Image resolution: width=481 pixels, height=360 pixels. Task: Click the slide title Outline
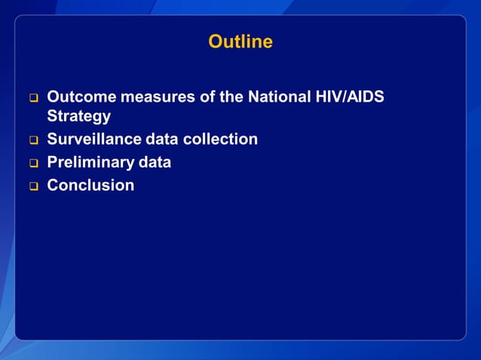coord(240,42)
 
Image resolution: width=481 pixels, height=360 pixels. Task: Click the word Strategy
coord(79,117)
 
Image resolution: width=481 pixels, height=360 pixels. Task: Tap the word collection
coord(220,139)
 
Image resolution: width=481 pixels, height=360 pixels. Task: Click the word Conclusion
coord(90,185)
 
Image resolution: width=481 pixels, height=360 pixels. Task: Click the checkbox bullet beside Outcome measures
coord(33,98)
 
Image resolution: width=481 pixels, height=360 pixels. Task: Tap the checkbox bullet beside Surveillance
coord(33,140)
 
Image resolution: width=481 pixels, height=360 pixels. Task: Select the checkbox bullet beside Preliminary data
coord(33,163)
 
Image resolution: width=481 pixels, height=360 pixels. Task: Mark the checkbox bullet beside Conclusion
coord(33,185)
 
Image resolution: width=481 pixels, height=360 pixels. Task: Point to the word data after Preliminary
coord(155,162)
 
